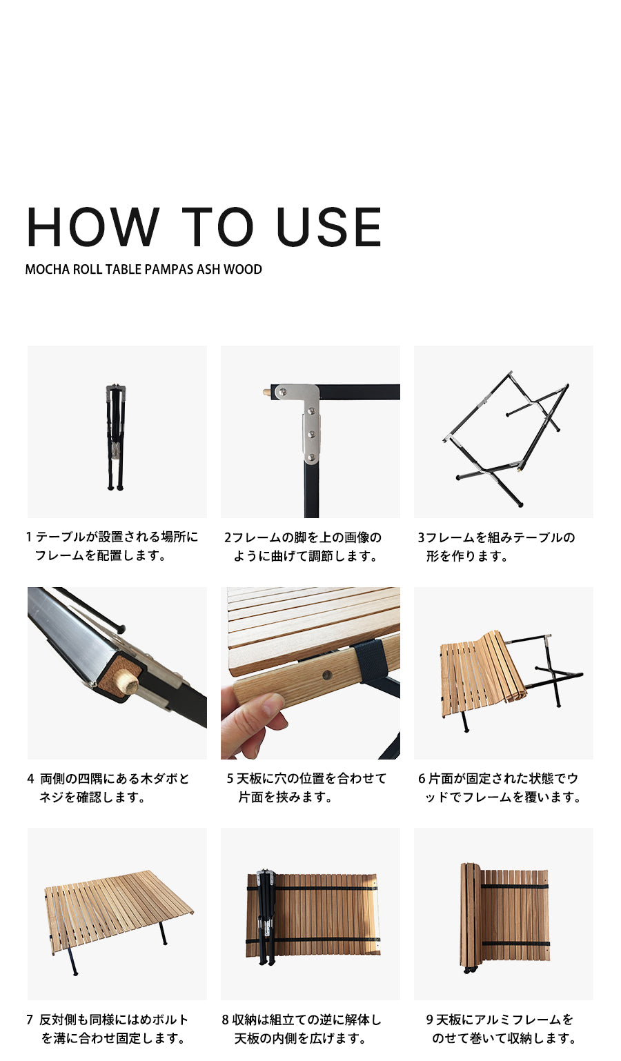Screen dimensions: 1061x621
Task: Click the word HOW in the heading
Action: pos(92,227)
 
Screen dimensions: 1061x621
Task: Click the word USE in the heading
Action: pos(328,227)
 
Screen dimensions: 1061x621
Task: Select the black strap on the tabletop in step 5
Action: pos(368,660)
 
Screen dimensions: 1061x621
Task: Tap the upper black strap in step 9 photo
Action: pos(514,886)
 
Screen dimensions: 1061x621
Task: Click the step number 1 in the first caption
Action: pos(29,537)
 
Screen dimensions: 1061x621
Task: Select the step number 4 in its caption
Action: pos(30,779)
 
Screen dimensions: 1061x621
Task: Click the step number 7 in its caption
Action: pos(30,1020)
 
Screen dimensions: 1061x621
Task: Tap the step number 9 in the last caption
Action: pos(429,1020)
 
